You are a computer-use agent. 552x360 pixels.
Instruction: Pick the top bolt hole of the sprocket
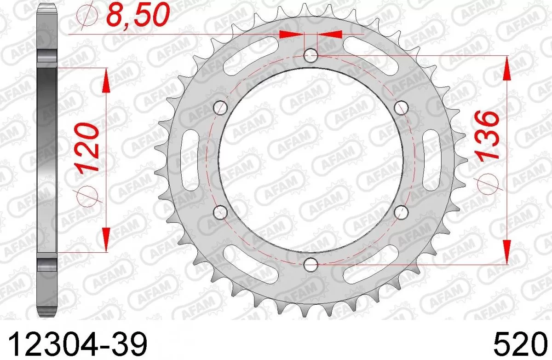311,56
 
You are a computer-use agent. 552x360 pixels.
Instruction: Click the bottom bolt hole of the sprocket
311,264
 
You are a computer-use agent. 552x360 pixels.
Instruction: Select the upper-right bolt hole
402,108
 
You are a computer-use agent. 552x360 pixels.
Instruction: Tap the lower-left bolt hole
221,212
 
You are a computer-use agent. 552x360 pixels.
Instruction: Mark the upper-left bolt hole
221,108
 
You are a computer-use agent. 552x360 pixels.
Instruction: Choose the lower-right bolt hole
402,212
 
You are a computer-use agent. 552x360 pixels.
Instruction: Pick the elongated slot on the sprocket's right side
433,160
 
